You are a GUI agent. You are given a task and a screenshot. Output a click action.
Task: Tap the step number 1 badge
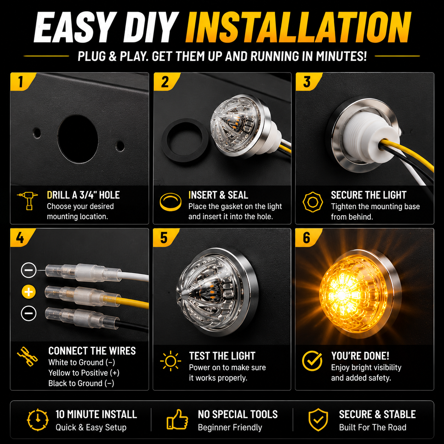coord(22,81)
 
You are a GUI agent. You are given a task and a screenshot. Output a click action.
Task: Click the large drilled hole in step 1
coord(78,139)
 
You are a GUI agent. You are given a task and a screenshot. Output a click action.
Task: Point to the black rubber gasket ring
coord(185,141)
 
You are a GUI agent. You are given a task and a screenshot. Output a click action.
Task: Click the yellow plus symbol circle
coord(29,292)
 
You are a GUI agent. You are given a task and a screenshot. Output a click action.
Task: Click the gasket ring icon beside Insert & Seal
coord(171,202)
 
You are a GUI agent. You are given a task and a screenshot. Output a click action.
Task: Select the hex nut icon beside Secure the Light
coord(312,202)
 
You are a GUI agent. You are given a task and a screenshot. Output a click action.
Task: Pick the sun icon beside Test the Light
coord(171,361)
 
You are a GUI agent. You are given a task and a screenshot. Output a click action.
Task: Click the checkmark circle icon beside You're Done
coord(312,361)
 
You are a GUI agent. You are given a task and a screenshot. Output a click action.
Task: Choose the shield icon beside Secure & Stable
coord(318,420)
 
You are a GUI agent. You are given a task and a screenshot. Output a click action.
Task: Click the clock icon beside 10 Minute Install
coord(38,420)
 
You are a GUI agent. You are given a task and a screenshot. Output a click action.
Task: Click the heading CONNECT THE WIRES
coord(92,351)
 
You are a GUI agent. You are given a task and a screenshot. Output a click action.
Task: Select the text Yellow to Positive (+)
coord(84,373)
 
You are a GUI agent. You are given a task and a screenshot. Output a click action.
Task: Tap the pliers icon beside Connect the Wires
coord(27,356)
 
